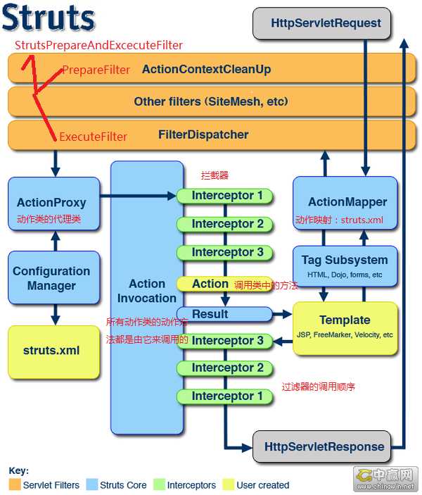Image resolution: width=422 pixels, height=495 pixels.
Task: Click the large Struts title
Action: coord(48,19)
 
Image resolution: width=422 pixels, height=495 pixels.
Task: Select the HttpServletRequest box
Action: coord(326,23)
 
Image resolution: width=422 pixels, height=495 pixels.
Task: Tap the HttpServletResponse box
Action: coord(325,446)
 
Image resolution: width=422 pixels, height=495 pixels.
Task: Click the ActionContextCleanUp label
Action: coord(206,70)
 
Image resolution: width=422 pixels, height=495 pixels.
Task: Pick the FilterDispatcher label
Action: coord(203,134)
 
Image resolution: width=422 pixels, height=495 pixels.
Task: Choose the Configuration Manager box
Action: coord(51,279)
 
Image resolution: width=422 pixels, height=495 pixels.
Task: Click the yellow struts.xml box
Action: coord(51,351)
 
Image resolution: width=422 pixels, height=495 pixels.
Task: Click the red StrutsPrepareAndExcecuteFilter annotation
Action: coord(99,46)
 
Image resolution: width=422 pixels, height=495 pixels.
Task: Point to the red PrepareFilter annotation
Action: coord(96,70)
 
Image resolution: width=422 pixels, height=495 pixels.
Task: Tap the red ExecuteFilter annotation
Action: coord(93,137)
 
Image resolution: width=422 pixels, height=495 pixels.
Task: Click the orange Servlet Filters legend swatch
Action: coord(15,485)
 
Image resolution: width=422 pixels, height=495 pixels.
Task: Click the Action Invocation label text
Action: coord(147,291)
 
